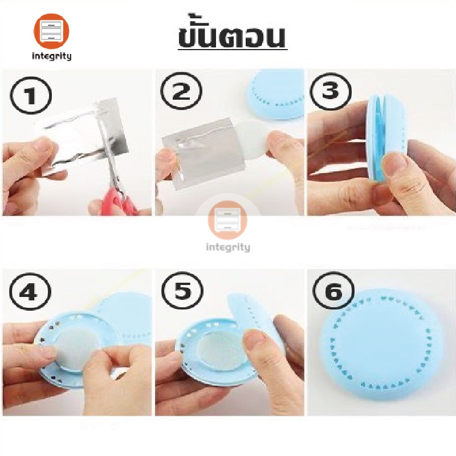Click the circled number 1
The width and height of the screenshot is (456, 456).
coord(31,95)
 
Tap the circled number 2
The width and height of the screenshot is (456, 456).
coord(181,91)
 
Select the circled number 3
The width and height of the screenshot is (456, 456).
coord(331,91)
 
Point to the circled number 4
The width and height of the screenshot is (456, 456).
coord(30,292)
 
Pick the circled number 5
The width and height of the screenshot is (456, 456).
coord(182,291)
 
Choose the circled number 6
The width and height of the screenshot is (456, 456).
coord(333,291)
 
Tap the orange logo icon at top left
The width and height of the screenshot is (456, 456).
coord(51,31)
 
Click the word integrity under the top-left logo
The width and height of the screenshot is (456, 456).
coord(51,55)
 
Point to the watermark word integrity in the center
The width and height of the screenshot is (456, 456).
coord(228,247)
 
